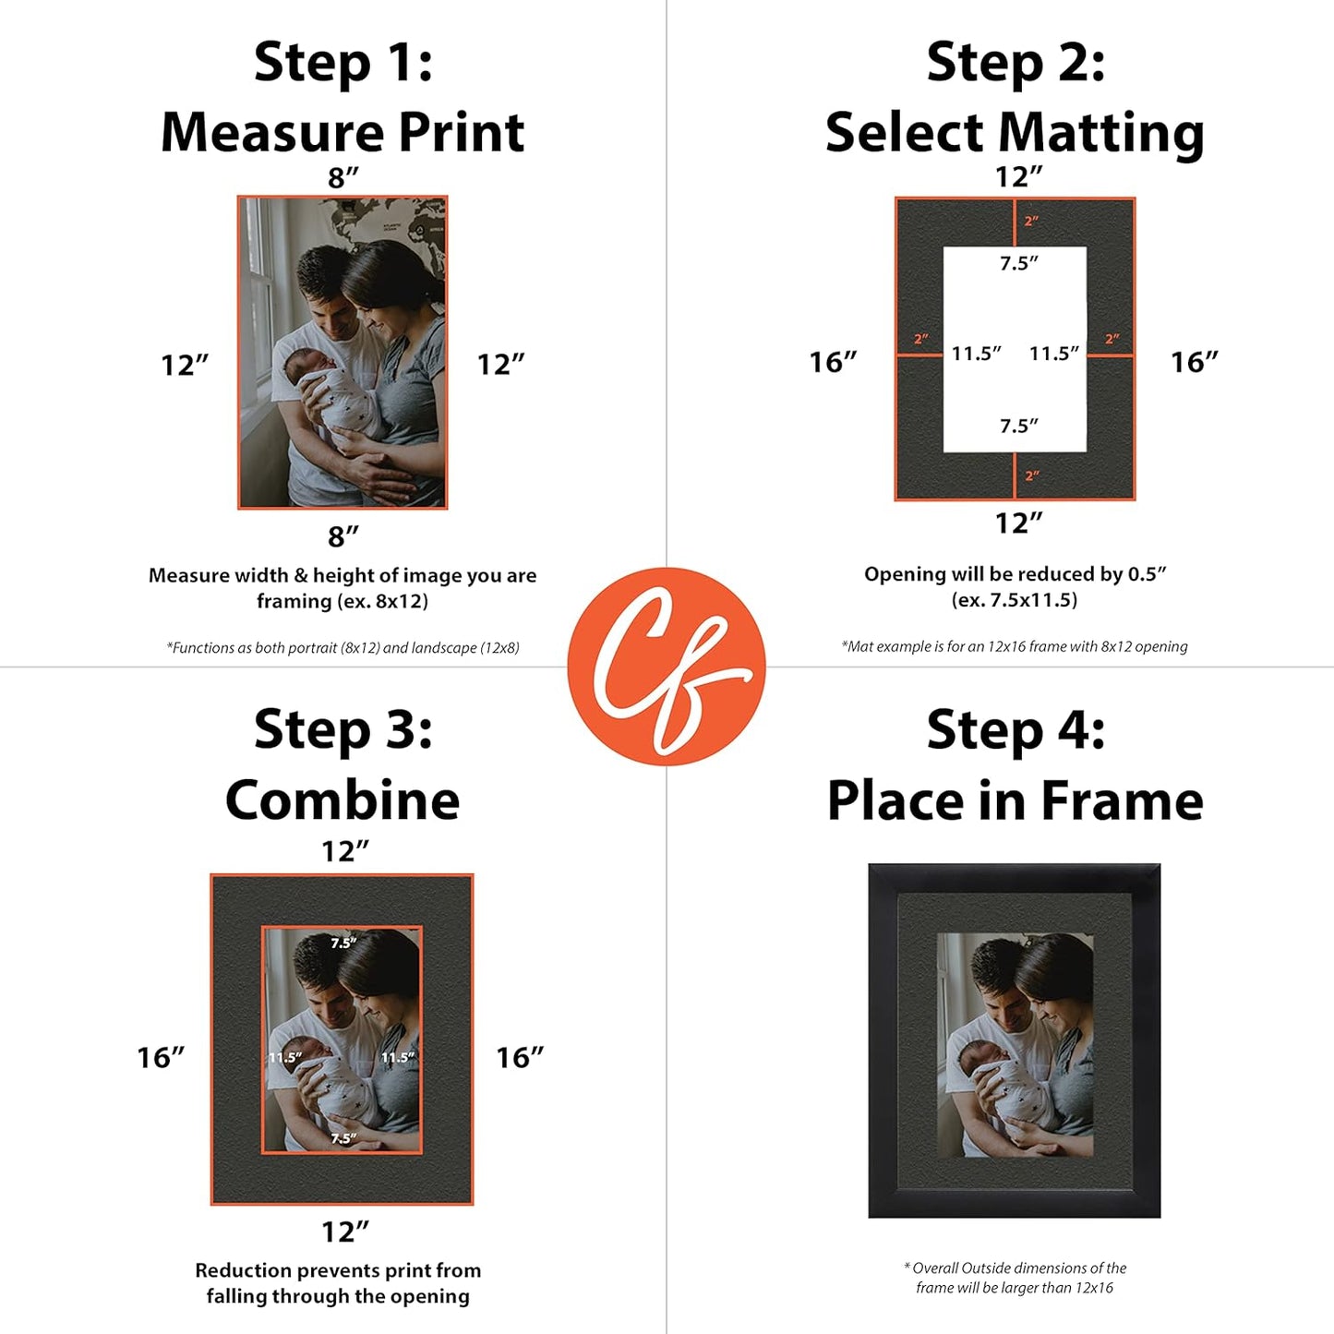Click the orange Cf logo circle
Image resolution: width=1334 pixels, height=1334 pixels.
666,666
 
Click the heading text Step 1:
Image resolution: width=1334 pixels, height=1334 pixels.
343,63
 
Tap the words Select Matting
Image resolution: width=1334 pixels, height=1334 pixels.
1015,133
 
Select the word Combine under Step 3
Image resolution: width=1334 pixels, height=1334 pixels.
343,799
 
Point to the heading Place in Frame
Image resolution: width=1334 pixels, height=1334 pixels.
1015,799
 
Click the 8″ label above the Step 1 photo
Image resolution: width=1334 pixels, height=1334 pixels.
343,177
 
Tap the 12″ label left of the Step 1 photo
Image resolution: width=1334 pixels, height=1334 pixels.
185,365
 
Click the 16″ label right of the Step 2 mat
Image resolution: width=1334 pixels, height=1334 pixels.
1194,362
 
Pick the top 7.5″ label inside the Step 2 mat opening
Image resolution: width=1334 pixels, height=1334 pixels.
1018,263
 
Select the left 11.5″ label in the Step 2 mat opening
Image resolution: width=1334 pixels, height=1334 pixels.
976,354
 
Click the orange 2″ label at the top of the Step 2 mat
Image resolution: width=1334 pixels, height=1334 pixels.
1031,222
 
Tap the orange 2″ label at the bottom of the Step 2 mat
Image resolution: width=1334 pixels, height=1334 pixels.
1031,476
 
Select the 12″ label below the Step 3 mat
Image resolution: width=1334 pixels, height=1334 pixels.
344,1232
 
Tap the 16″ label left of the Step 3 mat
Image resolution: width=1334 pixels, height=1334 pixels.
161,1057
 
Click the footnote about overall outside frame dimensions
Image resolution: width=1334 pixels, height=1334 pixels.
1015,1278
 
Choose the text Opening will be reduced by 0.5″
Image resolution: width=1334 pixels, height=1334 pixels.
1015,574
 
